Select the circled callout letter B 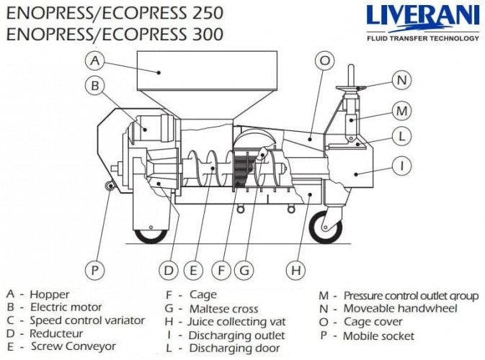tap(95, 86)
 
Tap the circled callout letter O tap(325, 60)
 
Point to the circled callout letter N tap(402, 80)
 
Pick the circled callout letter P tap(95, 270)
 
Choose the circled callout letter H tap(295, 270)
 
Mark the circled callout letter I tap(402, 166)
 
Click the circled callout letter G tap(245, 270)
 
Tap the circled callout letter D tap(168, 270)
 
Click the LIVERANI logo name tap(422, 17)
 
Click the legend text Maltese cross tap(223, 308)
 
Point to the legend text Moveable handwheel tap(400, 308)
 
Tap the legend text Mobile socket tap(378, 336)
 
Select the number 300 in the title tap(200, 34)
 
